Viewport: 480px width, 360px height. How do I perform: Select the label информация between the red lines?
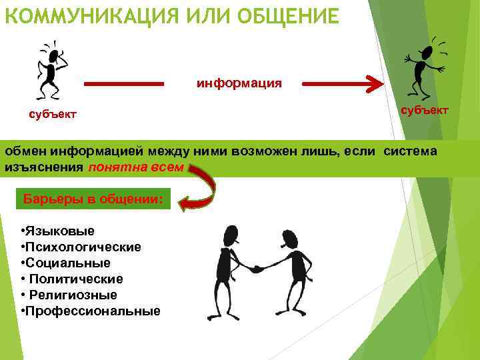point(239,84)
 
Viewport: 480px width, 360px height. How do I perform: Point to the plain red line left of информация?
point(124,85)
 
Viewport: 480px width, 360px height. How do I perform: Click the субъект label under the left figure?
point(53,115)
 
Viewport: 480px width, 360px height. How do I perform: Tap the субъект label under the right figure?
point(424,110)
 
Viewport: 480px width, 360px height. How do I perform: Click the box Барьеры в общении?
point(93,199)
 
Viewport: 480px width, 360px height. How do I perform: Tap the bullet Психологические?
point(83,247)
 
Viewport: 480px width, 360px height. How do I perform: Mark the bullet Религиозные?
point(72,295)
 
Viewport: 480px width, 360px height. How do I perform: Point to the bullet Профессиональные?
point(93,311)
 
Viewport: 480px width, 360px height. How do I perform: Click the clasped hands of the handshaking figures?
point(257,269)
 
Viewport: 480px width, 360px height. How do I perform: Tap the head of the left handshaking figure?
point(228,233)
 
